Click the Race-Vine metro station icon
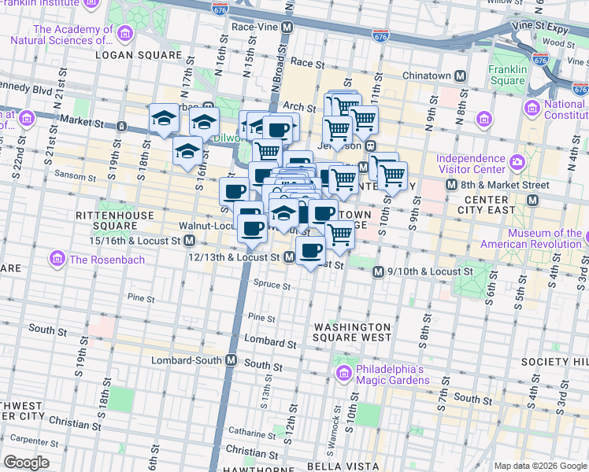point(287,27)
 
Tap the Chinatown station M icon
point(461,76)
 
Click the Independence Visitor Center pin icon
point(517,163)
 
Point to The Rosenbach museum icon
point(57,259)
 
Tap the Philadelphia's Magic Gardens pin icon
point(343,374)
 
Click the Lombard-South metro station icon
point(232,360)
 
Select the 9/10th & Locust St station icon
point(379,271)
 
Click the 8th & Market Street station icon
point(452,185)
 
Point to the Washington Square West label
point(352,331)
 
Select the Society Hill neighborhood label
point(554,361)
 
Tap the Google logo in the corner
point(27,463)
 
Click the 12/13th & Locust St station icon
point(289,257)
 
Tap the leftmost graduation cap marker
point(164,119)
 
